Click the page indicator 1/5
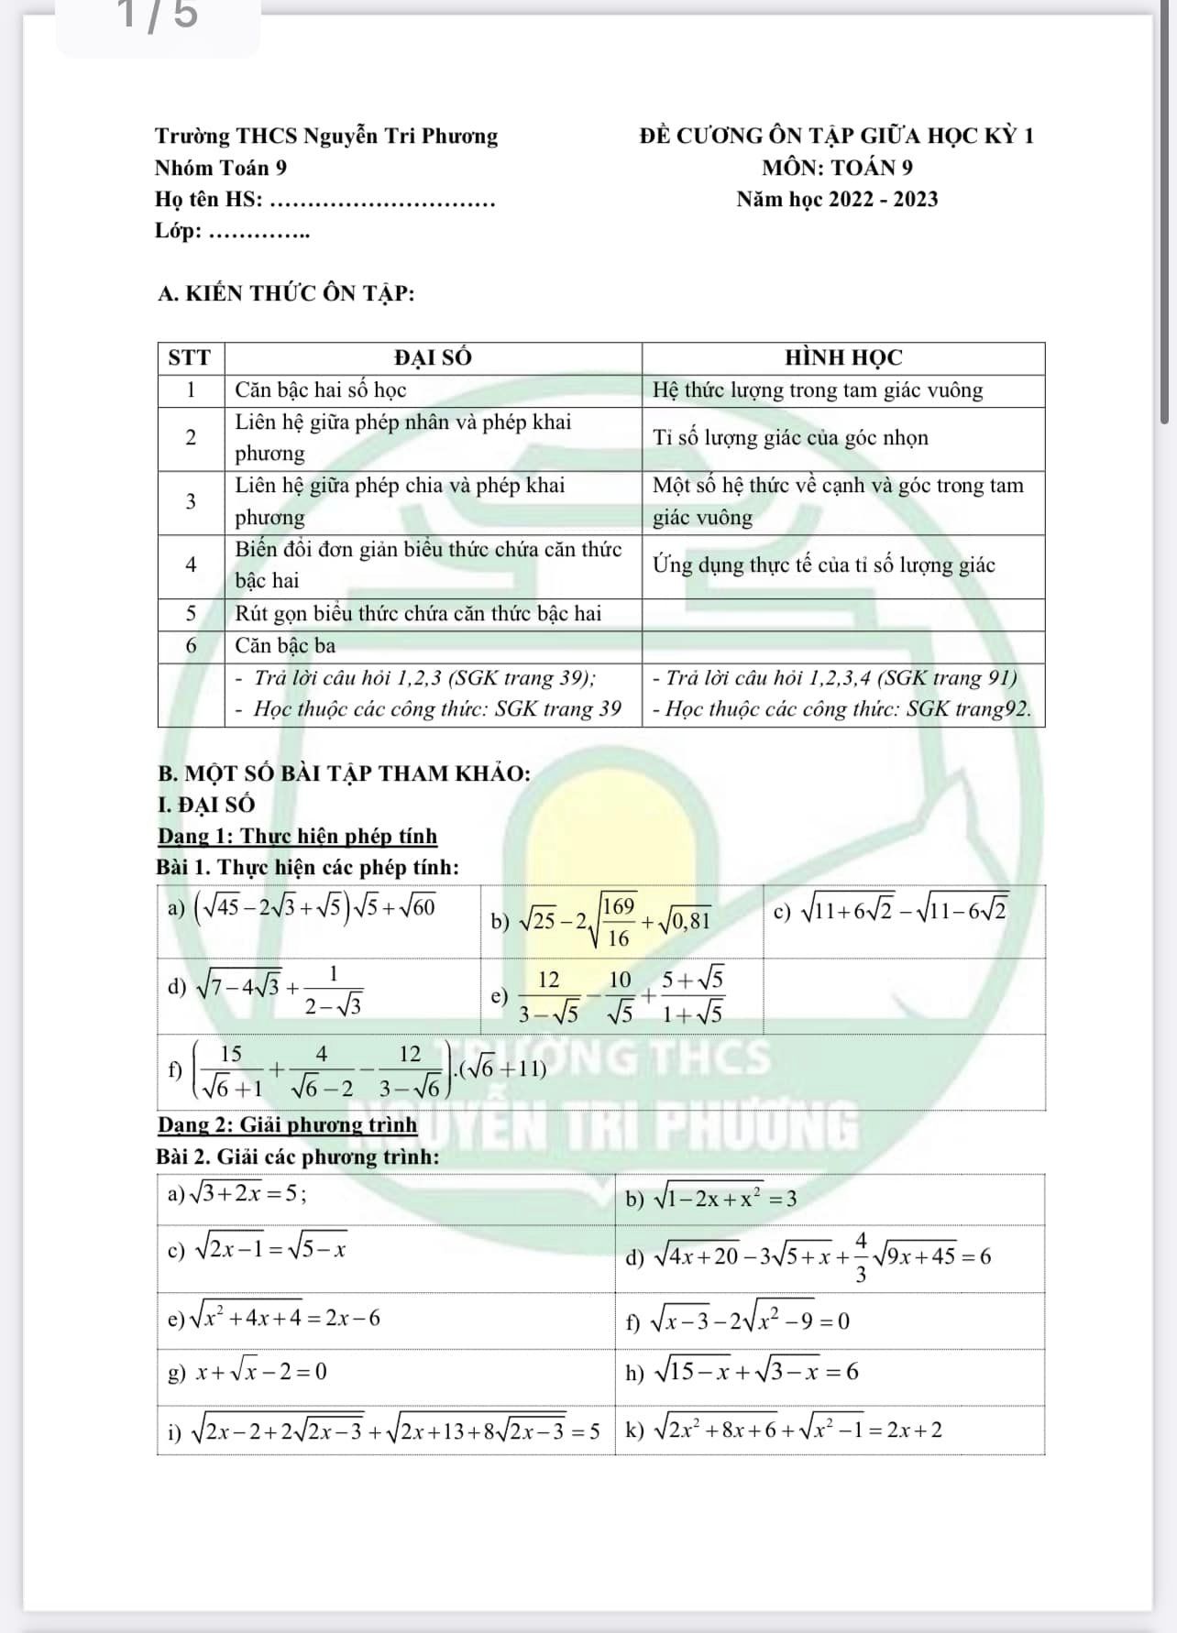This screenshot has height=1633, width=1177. [x=158, y=15]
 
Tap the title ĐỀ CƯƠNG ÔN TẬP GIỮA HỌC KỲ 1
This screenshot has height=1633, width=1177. [x=837, y=136]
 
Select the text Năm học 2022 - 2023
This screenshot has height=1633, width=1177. [x=837, y=199]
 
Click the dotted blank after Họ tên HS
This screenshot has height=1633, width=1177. [x=385, y=201]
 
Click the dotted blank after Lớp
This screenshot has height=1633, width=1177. [x=259, y=232]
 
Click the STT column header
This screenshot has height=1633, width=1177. [x=191, y=357]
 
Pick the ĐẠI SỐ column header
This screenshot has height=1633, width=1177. [x=433, y=357]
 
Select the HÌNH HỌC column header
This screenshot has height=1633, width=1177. [x=843, y=357]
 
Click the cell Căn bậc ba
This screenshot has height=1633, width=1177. [x=285, y=646]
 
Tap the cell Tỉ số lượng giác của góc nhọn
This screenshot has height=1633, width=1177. [x=790, y=438]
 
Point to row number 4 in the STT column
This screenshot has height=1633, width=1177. [x=191, y=565]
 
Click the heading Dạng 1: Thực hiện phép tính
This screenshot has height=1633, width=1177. [x=297, y=836]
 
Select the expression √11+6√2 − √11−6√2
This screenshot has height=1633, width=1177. [x=904, y=910]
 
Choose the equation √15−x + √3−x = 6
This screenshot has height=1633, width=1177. [x=753, y=1371]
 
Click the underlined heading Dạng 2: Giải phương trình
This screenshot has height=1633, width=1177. [x=287, y=1124]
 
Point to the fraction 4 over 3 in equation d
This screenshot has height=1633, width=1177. [x=860, y=1256]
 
